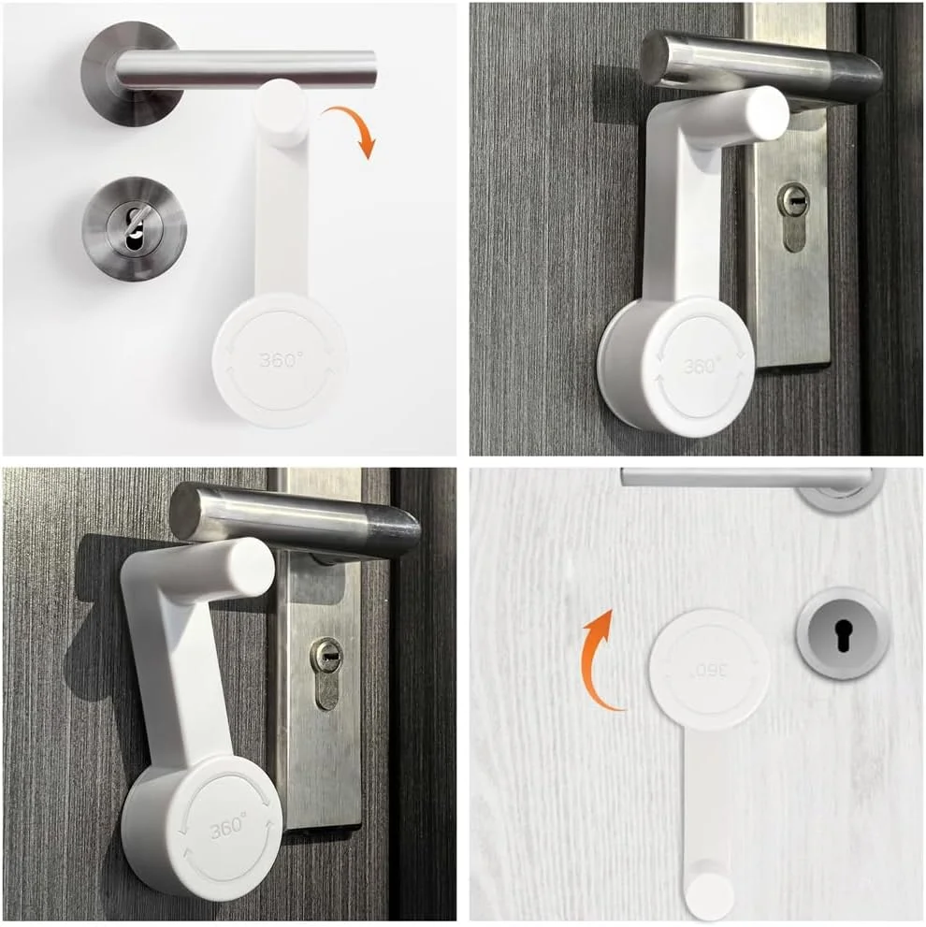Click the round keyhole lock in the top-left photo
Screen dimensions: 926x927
[x=135, y=228]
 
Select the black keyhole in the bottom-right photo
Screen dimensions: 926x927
[x=843, y=635]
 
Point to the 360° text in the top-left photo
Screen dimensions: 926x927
[x=281, y=359]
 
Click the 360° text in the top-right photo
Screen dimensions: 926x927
[x=701, y=366]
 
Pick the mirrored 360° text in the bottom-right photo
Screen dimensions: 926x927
[x=710, y=671]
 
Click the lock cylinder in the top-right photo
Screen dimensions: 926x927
[x=792, y=217]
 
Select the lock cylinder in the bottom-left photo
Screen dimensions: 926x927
[x=326, y=674]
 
